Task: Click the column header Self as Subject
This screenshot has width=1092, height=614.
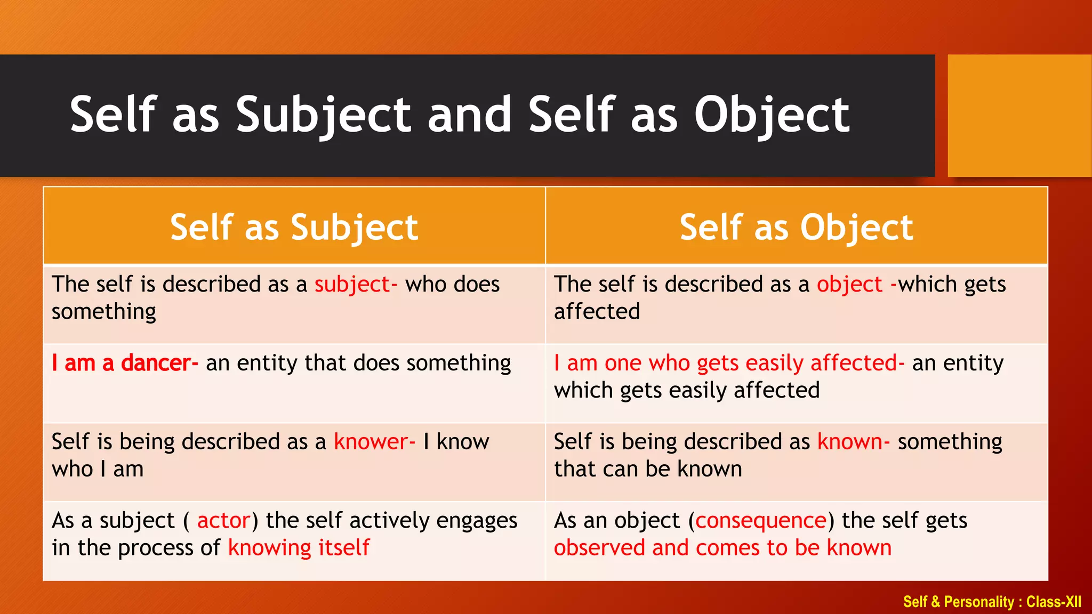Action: (x=294, y=228)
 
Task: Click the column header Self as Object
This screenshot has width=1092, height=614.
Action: (x=796, y=228)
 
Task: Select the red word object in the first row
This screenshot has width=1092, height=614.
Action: (x=849, y=285)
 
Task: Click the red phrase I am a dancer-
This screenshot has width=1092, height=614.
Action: (x=125, y=363)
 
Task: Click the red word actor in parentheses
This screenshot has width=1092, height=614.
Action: (x=223, y=521)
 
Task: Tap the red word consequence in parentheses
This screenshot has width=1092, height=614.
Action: (x=761, y=521)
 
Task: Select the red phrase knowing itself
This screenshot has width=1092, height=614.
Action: (x=299, y=548)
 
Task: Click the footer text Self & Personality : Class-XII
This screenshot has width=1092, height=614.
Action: (x=992, y=602)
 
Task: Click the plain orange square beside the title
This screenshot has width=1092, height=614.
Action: (x=1019, y=116)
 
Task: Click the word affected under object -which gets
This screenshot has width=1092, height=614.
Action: (x=597, y=312)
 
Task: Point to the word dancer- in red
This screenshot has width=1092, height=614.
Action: (x=159, y=363)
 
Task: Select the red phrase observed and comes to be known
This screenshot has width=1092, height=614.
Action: (x=722, y=548)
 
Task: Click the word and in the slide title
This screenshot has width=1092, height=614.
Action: (x=469, y=115)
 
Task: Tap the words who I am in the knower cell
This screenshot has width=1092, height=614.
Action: (x=98, y=470)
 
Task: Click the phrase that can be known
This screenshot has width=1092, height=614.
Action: (x=648, y=470)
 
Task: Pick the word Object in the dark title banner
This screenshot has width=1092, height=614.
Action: (x=772, y=115)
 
